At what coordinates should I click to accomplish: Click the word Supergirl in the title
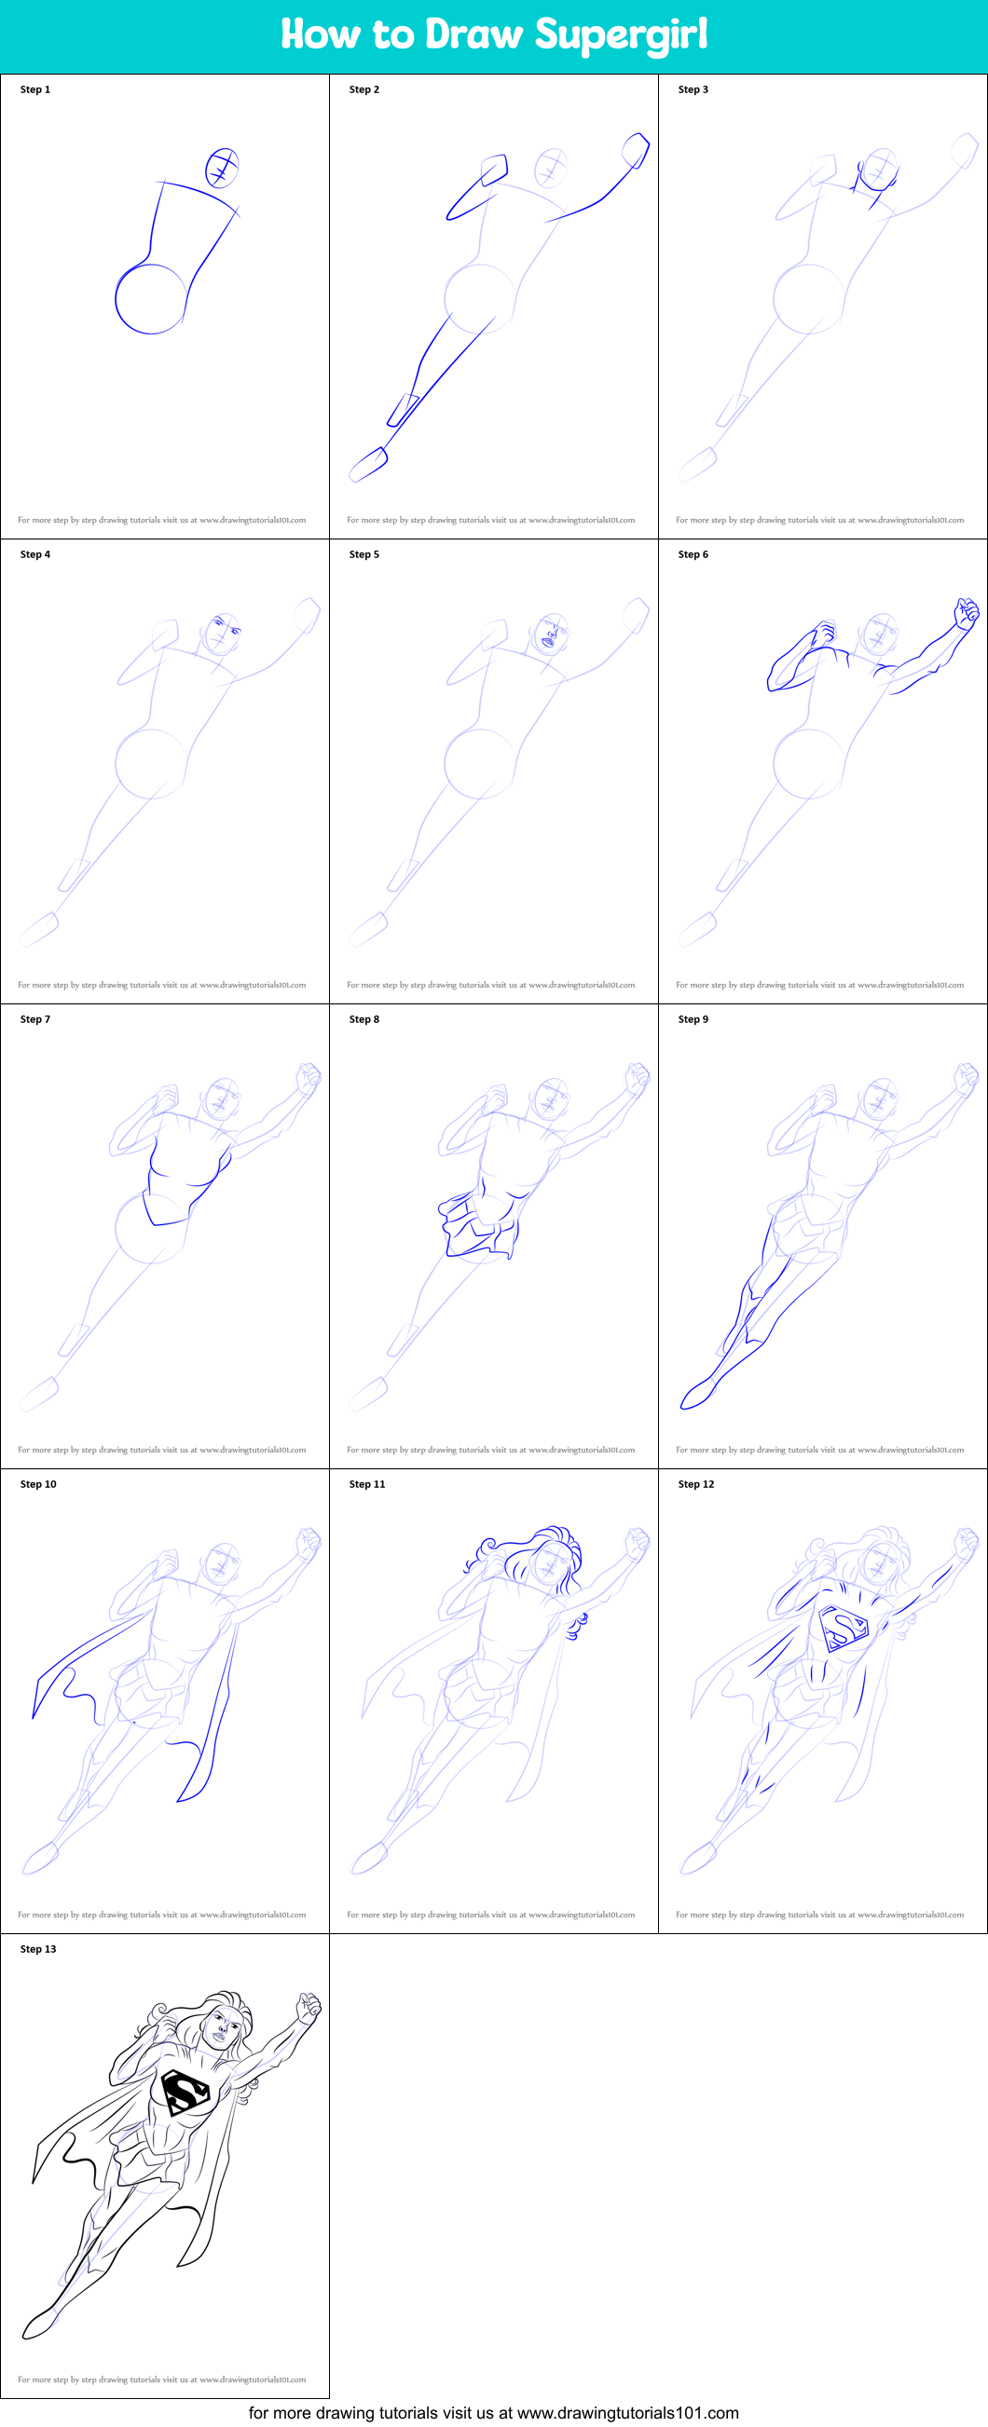tap(621, 35)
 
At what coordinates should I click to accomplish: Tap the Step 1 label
tap(34, 89)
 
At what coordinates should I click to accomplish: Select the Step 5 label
tap(364, 554)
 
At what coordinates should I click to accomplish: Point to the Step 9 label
tap(693, 1018)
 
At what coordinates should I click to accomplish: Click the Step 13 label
tap(37, 1948)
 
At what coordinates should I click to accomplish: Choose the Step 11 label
tap(366, 1484)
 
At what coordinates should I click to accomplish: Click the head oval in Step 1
tap(223, 168)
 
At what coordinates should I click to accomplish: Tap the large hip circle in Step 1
tap(151, 299)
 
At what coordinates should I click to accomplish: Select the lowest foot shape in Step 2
tap(368, 464)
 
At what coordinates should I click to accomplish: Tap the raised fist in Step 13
tap(309, 2007)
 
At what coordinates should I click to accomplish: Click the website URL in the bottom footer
tap(627, 2413)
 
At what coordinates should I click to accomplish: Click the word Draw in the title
tap(473, 35)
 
